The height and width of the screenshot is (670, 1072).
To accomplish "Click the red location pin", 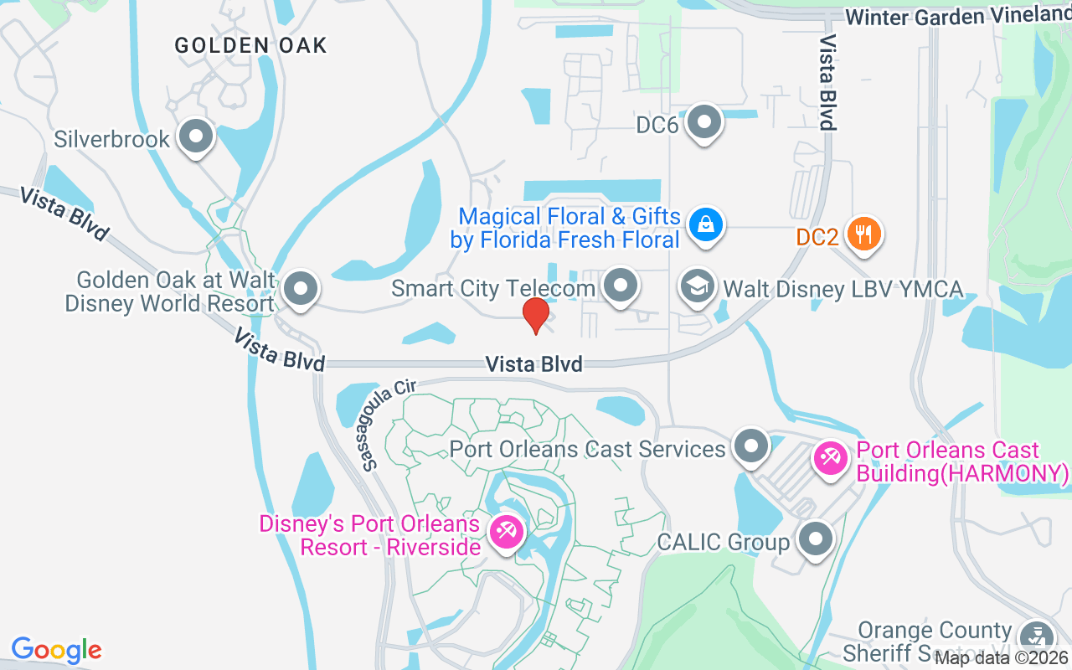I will pyautogui.click(x=536, y=315).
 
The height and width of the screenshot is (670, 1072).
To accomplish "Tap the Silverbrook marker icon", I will pyautogui.click(x=197, y=137).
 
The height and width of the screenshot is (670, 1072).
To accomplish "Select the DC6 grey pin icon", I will pyautogui.click(x=704, y=122).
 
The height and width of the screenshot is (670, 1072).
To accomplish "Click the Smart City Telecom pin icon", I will pyautogui.click(x=621, y=286).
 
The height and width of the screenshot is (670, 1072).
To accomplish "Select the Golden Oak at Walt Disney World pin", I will pyautogui.click(x=300, y=289).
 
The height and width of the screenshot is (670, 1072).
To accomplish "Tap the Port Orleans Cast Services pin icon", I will pyautogui.click(x=750, y=446).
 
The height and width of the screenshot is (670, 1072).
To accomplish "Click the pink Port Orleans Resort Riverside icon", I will pyautogui.click(x=506, y=532).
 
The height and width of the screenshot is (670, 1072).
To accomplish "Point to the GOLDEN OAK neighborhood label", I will pyautogui.click(x=250, y=45).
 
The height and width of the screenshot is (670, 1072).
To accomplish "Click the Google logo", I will pyautogui.click(x=56, y=650).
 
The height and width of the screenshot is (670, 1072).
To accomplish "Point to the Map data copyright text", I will pyautogui.click(x=1002, y=657).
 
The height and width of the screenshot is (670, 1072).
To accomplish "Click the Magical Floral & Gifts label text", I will pyautogui.click(x=565, y=229).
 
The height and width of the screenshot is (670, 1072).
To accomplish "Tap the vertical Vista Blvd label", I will pyautogui.click(x=828, y=82).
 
